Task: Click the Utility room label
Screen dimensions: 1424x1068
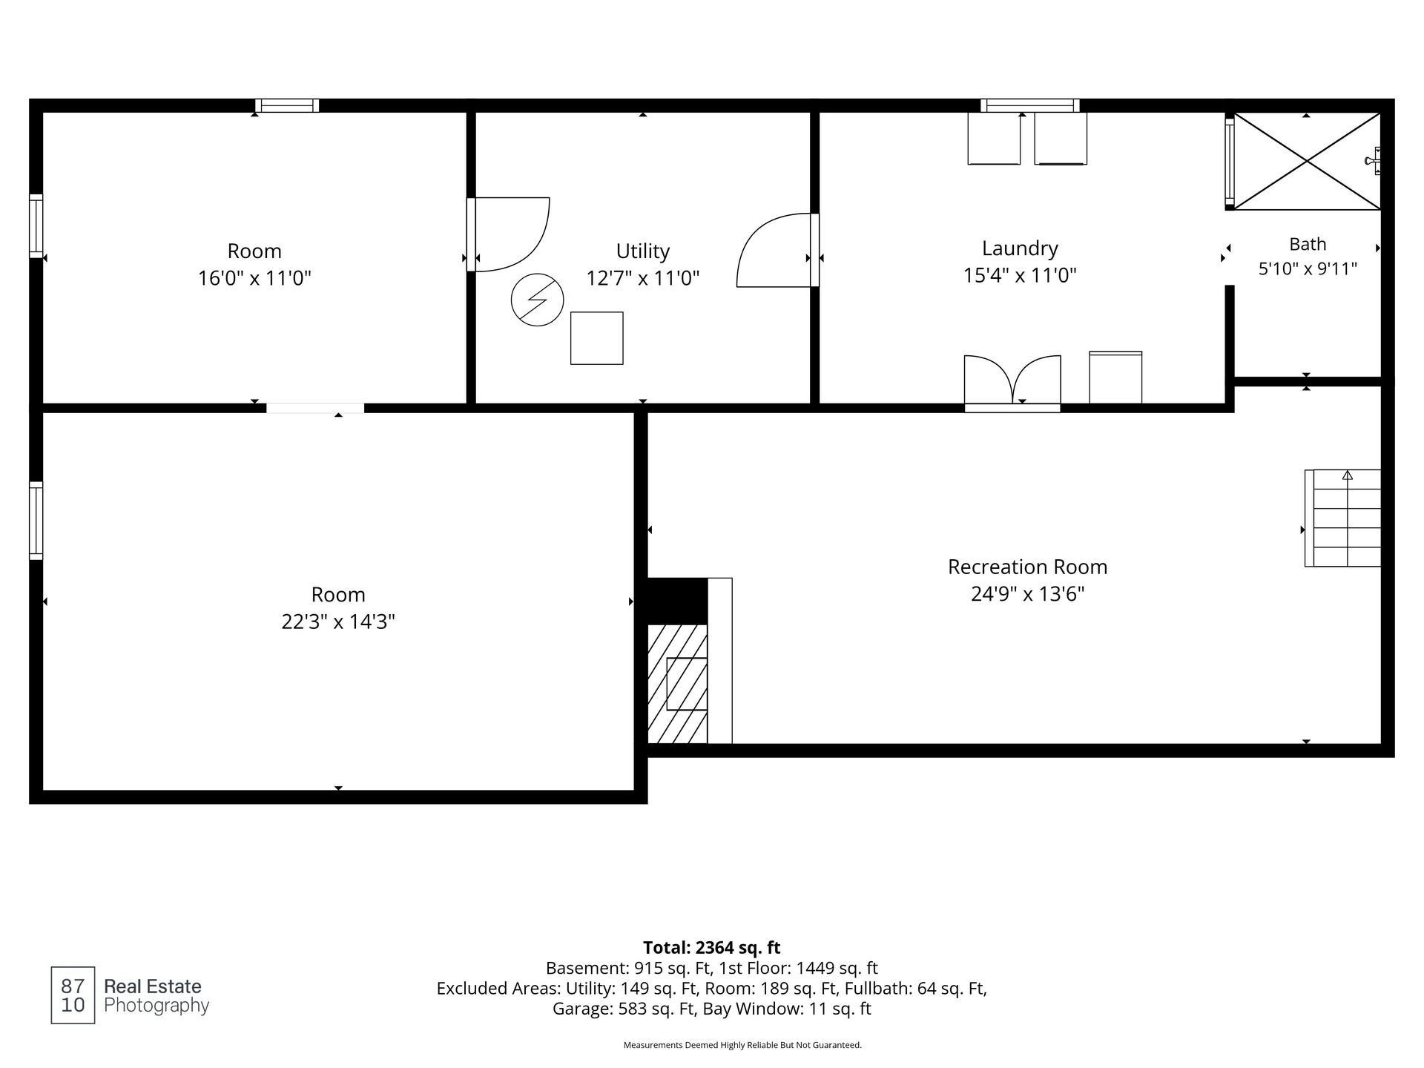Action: (642, 251)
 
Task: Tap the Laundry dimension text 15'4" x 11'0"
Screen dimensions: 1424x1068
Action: (1020, 275)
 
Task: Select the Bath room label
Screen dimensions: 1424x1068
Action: (1308, 244)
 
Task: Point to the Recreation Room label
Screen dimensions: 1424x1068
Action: (1027, 567)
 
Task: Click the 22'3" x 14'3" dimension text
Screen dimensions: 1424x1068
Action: (338, 622)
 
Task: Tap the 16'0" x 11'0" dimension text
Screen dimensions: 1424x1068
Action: (254, 278)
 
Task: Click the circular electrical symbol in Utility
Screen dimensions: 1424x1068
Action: (537, 300)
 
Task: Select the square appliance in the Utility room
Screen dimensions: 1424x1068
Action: (596, 338)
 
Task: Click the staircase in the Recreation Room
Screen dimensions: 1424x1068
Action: (1342, 518)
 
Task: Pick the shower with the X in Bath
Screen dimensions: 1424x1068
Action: (1306, 161)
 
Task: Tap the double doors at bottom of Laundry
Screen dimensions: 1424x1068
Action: (1012, 383)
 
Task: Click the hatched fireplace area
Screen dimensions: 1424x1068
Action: (678, 684)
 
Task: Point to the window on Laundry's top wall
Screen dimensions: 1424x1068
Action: (1029, 105)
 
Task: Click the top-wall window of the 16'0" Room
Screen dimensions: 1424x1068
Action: (287, 105)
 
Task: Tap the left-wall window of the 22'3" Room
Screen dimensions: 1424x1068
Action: (36, 520)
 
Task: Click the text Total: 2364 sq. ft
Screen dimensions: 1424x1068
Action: (711, 947)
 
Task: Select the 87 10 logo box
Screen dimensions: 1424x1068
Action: (73, 995)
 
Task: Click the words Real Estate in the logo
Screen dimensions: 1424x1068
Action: (153, 986)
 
